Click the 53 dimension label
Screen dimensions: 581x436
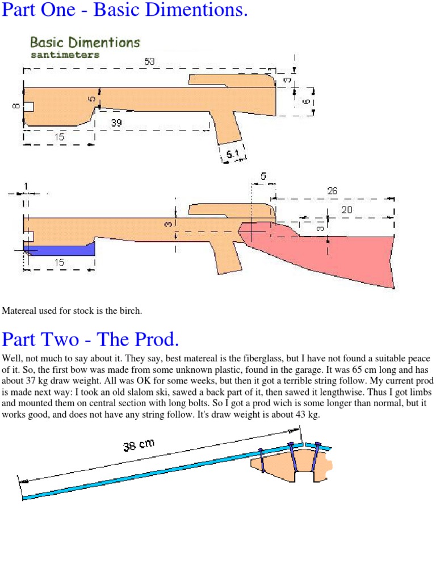(x=149, y=61)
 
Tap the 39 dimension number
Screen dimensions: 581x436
(x=117, y=123)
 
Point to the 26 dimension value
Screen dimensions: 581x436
(x=332, y=191)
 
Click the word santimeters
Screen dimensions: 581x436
(x=64, y=55)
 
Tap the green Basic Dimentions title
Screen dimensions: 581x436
(x=85, y=43)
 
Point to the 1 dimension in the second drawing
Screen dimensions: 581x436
(x=25, y=186)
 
